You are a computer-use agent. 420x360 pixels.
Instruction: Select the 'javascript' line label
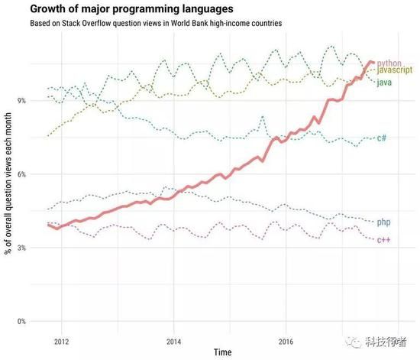pos(396,70)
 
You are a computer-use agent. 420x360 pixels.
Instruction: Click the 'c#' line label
pos(381,138)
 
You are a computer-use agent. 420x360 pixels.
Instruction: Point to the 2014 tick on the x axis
pos(173,341)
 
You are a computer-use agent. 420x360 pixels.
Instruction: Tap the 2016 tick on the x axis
pos(286,341)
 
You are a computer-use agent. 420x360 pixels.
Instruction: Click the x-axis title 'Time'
pos(222,352)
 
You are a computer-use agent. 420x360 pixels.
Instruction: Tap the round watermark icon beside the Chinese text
pos(349,342)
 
